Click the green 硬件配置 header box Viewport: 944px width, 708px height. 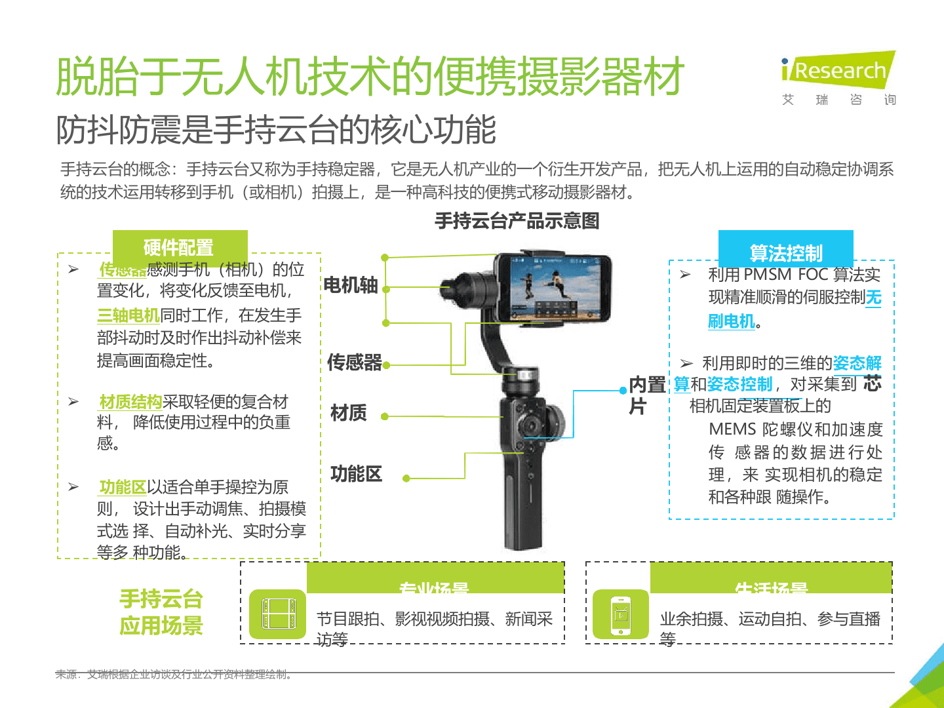pos(180,248)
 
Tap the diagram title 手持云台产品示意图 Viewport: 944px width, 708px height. pos(517,221)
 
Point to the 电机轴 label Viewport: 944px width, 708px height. pos(351,285)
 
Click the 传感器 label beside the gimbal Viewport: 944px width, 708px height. pos(355,363)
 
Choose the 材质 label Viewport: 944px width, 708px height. pos(349,413)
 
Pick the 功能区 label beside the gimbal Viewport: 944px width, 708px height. pos(356,474)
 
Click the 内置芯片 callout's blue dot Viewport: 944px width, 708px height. pos(623,390)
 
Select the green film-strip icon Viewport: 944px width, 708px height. pos(277,615)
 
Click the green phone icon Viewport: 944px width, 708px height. pos(620,615)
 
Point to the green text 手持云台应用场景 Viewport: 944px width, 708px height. pos(161,612)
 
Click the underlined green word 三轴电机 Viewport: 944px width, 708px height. pos(128,315)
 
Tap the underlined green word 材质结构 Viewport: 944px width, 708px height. pos(130,402)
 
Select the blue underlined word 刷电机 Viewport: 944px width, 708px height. pos(732,321)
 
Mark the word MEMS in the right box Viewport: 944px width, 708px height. pos(732,429)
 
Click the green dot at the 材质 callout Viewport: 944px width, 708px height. pos(385,416)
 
